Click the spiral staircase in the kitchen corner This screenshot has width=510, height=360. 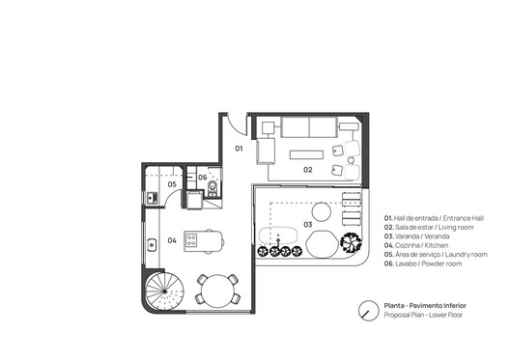(x=162, y=291)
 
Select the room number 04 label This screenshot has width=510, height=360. (x=171, y=241)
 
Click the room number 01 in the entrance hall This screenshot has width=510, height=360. (x=241, y=149)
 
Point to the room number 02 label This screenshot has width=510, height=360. (x=308, y=169)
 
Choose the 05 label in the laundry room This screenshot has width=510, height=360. (x=171, y=183)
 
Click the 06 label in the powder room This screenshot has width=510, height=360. (x=203, y=178)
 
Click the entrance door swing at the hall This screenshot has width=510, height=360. (x=233, y=125)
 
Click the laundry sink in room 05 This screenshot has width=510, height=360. (x=153, y=199)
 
